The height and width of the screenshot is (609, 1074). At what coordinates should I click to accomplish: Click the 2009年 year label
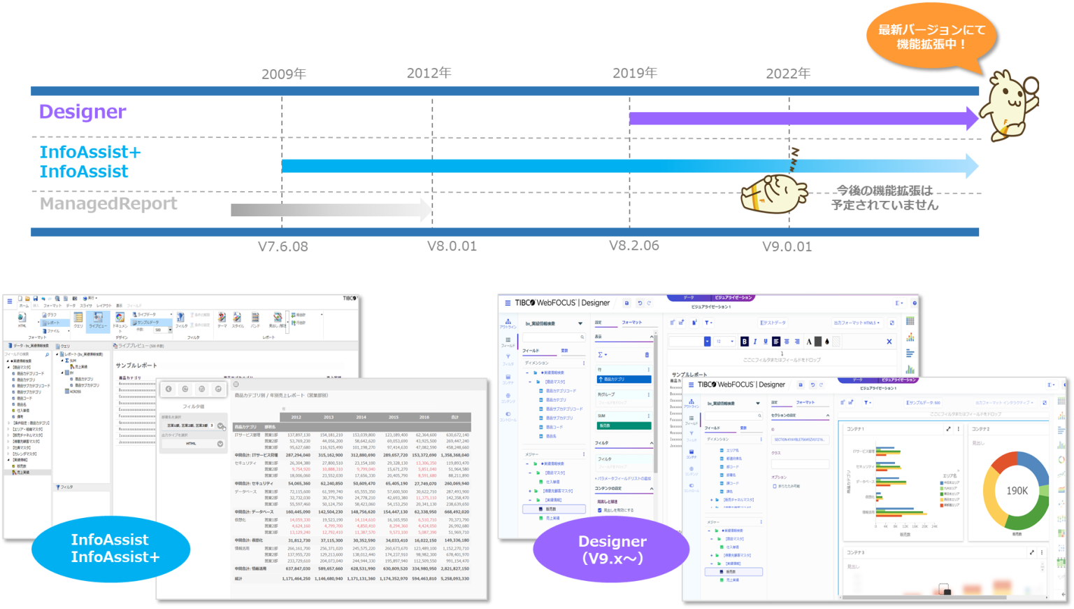coord(283,74)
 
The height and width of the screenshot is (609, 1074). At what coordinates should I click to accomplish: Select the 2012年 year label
coord(429,73)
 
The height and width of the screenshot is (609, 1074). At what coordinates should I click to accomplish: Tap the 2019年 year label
coord(634,73)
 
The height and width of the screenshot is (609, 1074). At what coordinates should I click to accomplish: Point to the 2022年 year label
coord(787,74)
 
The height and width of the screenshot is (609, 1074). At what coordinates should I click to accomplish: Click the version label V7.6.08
coord(282,246)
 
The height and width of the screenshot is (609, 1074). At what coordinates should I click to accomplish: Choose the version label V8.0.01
coord(452,246)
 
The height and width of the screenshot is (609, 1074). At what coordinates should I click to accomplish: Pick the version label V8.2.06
coord(633,246)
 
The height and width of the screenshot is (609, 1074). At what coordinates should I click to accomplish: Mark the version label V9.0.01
coord(787,246)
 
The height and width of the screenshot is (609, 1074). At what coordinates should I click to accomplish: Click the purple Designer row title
coord(83,112)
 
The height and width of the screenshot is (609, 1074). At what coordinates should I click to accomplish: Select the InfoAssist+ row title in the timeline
coord(90,153)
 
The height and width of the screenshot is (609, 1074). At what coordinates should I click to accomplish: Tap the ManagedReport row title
coord(108,204)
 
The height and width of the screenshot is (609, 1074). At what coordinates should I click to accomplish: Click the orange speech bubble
coord(931,37)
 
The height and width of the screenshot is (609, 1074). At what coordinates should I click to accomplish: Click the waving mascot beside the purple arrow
coord(1008,105)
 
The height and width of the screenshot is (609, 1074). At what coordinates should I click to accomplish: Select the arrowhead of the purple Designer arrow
coord(972,118)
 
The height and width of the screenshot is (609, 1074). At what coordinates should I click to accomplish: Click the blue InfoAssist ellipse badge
coord(110,549)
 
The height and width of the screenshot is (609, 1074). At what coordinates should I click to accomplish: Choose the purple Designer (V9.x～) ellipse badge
coord(612,550)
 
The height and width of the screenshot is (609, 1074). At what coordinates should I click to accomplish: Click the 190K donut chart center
coord(1017,491)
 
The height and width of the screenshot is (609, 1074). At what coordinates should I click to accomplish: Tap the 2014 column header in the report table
coord(361,417)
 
